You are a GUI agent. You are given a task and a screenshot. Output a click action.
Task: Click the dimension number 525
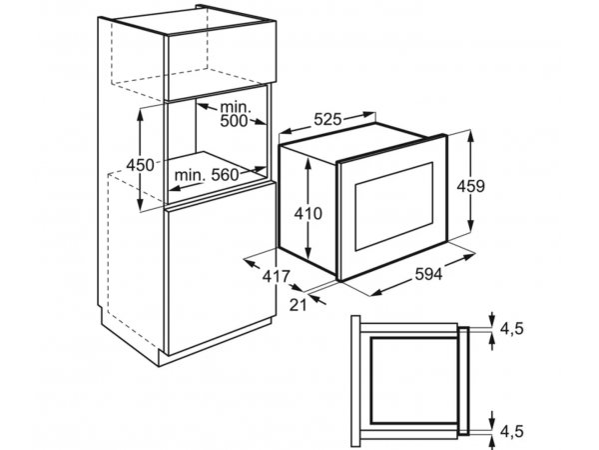(x=327, y=119)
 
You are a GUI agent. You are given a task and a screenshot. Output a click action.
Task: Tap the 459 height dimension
(x=471, y=186)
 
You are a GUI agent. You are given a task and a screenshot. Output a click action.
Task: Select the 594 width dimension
(x=428, y=274)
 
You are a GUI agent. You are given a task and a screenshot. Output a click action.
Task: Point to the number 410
(x=307, y=214)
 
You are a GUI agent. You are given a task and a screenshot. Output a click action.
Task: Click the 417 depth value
(x=277, y=276)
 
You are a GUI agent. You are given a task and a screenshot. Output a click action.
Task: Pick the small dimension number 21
(x=298, y=305)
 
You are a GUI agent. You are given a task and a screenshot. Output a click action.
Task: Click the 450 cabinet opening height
(x=140, y=165)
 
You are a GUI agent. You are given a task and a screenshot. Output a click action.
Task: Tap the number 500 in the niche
(x=234, y=121)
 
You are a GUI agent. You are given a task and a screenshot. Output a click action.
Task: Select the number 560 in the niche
(x=225, y=175)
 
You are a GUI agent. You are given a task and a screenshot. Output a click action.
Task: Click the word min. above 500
(x=236, y=107)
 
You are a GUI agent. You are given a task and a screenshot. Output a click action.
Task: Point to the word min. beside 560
(x=190, y=176)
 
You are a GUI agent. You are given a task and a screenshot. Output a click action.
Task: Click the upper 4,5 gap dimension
(x=511, y=329)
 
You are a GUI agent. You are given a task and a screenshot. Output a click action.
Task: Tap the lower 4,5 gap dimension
(x=511, y=431)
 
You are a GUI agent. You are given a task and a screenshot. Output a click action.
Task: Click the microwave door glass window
(x=394, y=207)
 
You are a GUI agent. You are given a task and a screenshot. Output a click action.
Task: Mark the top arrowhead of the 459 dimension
(x=470, y=135)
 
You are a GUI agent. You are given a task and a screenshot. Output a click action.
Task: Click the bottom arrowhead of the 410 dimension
(x=307, y=253)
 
